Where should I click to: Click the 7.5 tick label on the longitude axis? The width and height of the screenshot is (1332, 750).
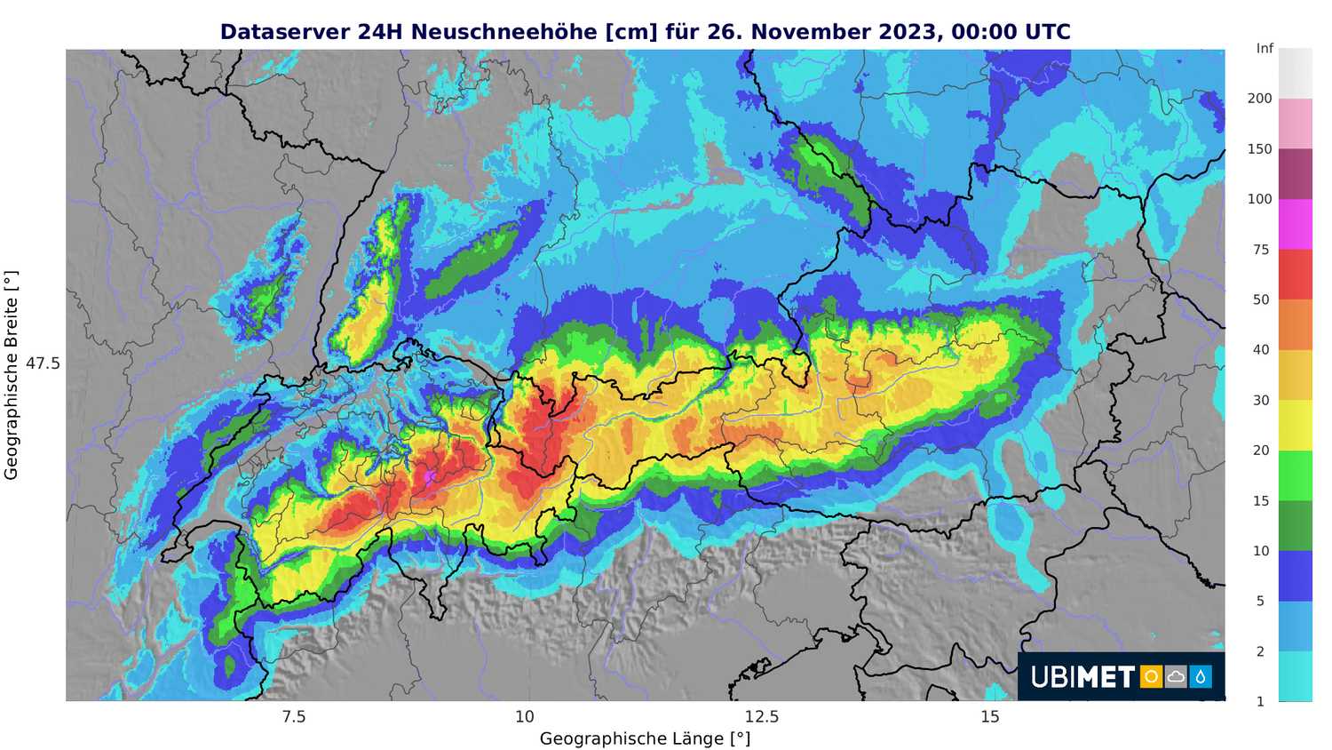click(293, 717)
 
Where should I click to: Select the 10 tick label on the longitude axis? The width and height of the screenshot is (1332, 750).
click(525, 717)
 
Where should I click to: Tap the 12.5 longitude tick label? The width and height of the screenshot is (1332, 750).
click(761, 717)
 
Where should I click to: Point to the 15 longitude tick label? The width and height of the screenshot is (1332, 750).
click(989, 717)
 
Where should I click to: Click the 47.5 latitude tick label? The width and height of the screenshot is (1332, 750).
click(43, 363)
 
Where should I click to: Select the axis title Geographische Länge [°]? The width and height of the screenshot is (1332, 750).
click(645, 738)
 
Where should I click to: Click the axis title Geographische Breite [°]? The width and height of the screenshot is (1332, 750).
click(12, 375)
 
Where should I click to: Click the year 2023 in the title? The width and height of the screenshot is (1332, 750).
click(910, 32)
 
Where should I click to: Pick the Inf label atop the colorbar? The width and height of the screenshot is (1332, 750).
click(1265, 49)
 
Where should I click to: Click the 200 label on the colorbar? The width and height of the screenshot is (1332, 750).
click(1259, 99)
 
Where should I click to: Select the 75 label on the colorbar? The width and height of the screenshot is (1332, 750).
click(1260, 250)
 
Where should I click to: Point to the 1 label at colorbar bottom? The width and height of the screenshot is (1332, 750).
click(1260, 701)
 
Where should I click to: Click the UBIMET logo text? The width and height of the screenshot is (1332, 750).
click(1082, 677)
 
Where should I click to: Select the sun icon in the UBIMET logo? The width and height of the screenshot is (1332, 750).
click(1151, 677)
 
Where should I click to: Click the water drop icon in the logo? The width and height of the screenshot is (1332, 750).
click(1201, 677)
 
